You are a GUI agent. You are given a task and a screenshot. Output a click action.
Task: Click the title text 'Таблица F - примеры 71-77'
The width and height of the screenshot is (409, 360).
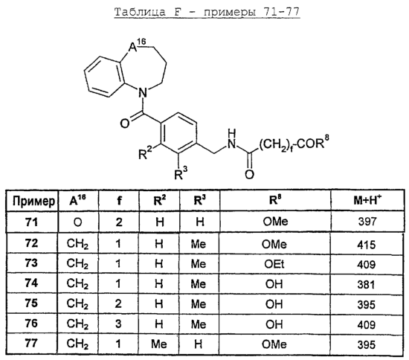(x=207, y=12)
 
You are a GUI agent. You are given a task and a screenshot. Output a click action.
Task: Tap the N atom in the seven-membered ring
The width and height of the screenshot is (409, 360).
(x=142, y=93)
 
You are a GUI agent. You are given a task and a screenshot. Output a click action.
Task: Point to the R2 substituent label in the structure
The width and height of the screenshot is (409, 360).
(x=145, y=153)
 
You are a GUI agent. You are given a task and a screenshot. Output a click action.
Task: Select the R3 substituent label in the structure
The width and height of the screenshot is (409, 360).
(x=181, y=173)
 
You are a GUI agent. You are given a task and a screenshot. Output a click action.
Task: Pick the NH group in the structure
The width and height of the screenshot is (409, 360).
(x=231, y=139)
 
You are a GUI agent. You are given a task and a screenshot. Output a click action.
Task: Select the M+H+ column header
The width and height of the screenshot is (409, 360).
(x=367, y=199)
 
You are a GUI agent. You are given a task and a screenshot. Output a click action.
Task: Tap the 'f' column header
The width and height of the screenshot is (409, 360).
(x=119, y=200)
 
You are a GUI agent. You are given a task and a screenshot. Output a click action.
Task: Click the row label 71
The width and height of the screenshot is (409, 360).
(x=31, y=222)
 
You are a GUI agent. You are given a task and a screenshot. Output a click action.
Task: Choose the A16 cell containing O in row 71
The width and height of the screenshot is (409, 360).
(x=78, y=222)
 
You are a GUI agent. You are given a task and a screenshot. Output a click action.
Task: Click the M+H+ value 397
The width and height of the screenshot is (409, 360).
(x=367, y=222)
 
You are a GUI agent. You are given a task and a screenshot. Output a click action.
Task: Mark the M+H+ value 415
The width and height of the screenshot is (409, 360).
(x=367, y=245)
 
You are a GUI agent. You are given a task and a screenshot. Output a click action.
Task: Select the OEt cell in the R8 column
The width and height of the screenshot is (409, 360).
(x=274, y=264)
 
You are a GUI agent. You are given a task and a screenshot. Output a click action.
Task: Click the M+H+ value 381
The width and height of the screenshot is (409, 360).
(x=366, y=285)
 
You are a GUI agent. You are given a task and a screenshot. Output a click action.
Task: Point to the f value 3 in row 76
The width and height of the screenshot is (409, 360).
(x=118, y=324)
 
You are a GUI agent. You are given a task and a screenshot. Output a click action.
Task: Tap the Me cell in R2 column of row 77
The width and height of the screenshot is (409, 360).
(x=158, y=344)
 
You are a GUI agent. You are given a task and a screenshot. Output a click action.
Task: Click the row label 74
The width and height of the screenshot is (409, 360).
(x=31, y=283)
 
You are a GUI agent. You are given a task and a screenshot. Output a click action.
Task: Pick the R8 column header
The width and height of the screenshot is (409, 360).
(x=275, y=199)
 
